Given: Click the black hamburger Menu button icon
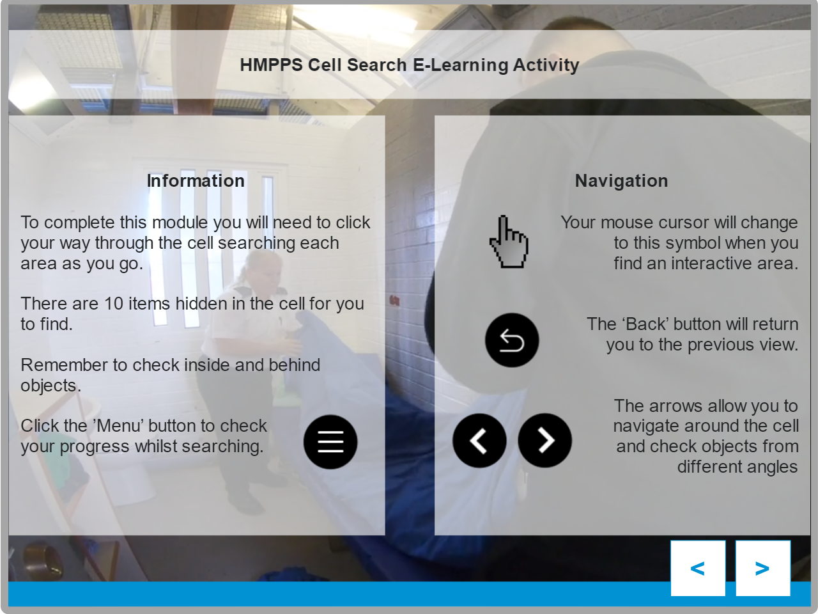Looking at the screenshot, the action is tap(330, 442).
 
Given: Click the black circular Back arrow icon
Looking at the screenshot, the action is tap(512, 340).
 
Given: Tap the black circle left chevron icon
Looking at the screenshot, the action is tap(479, 440).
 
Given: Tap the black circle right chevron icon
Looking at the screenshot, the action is tap(544, 440).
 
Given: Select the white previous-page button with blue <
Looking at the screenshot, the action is tap(698, 568).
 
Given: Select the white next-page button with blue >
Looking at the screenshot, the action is tap(763, 568).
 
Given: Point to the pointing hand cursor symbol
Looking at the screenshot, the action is tap(509, 242).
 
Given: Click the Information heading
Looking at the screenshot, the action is tap(196, 181).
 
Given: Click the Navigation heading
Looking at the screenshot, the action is tap(621, 181).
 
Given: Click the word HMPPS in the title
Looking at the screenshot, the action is tap(272, 65).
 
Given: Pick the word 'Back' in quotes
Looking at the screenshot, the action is tap(645, 324).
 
